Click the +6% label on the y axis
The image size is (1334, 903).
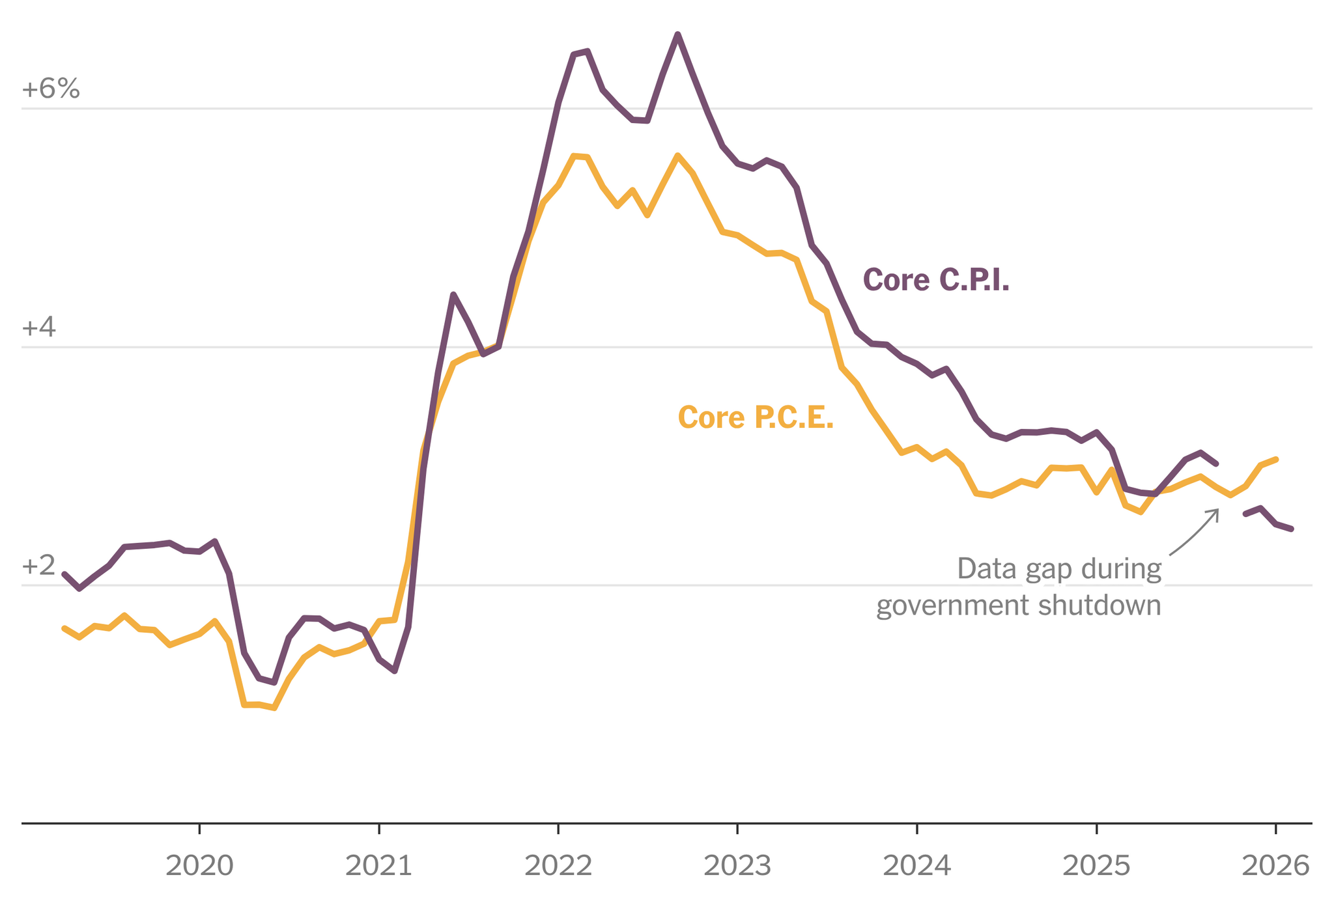(51, 89)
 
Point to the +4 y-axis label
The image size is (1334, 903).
(39, 327)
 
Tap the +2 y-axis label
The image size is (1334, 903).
(39, 566)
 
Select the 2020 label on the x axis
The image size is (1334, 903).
(199, 867)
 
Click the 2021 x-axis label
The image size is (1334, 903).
(378, 867)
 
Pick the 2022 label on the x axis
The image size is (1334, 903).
(558, 867)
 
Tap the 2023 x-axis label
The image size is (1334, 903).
(737, 867)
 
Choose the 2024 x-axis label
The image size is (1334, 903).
(916, 867)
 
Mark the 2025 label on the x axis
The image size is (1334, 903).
(1096, 867)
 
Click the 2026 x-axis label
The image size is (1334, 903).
(1275, 867)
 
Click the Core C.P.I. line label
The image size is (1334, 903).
(936, 280)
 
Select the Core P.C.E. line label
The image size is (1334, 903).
(756, 417)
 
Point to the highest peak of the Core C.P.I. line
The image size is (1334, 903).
(678, 35)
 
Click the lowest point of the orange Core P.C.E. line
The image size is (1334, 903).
(274, 708)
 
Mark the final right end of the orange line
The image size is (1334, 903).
(1276, 460)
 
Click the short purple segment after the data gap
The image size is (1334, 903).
(1268, 518)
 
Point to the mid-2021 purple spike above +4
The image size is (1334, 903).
(453, 295)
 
